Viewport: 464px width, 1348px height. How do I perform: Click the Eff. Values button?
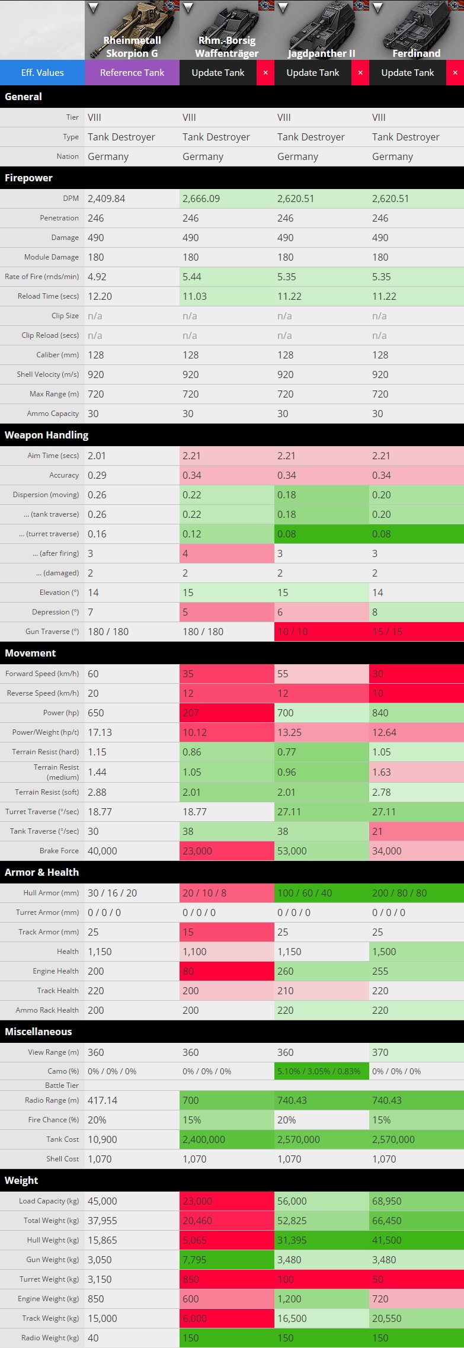click(42, 73)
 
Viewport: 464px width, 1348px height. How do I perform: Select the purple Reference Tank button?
click(132, 73)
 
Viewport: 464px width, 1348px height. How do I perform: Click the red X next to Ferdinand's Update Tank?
click(455, 73)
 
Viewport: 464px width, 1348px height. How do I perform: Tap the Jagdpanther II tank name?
click(321, 53)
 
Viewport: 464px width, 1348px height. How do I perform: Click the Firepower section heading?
click(28, 178)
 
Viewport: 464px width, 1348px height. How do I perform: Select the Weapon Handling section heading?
click(46, 435)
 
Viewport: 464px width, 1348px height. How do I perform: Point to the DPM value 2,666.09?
click(201, 198)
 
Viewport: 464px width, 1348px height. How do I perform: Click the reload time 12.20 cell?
click(100, 296)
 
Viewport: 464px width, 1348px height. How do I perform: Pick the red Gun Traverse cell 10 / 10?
click(293, 632)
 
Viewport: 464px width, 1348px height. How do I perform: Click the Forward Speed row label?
click(42, 674)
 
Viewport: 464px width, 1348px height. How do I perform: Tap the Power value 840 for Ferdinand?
click(380, 713)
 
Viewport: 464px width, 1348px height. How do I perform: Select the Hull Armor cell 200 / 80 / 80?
click(399, 893)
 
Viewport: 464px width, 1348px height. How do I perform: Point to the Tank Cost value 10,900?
click(103, 1139)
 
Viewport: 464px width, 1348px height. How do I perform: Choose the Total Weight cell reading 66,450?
click(387, 1221)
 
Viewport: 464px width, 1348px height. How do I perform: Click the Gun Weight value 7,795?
click(194, 1260)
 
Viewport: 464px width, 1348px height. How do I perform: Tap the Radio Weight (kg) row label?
click(50, 1338)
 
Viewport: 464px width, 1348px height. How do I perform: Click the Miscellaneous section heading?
click(38, 1032)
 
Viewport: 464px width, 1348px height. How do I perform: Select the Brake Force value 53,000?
click(292, 851)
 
